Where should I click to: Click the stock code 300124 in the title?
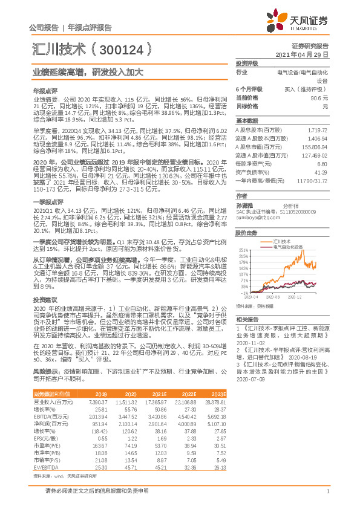(121, 49)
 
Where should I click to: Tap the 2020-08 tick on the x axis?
(273, 297)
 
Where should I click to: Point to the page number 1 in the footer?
(327, 491)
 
